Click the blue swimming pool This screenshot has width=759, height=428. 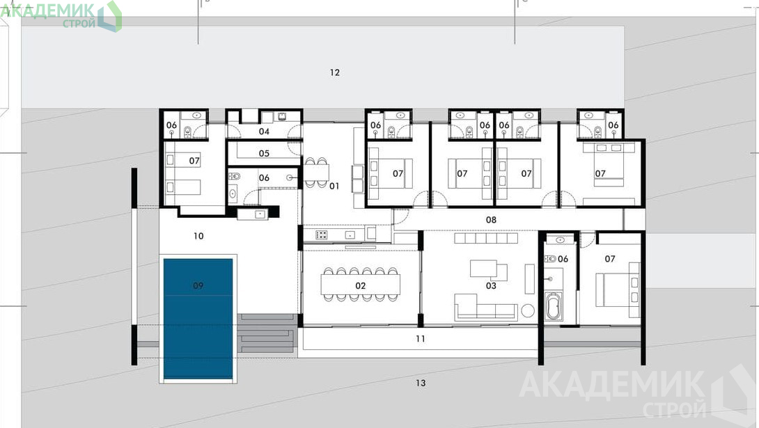pyautogui.click(x=198, y=319)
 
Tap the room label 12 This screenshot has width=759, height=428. pyautogui.click(x=334, y=72)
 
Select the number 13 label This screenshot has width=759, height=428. pyautogui.click(x=421, y=383)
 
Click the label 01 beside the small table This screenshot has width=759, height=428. pyautogui.click(x=334, y=186)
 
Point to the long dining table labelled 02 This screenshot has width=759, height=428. pyautogui.click(x=361, y=285)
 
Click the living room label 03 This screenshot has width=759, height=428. pyautogui.click(x=491, y=286)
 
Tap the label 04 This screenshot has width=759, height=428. pyautogui.click(x=264, y=132)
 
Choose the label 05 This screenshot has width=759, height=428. pyautogui.click(x=264, y=153)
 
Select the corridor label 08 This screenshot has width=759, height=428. pyautogui.click(x=491, y=219)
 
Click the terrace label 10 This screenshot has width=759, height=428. pyautogui.click(x=198, y=236)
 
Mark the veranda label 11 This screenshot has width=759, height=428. pyautogui.click(x=420, y=339)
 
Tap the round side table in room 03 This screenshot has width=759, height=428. pyautogui.click(x=528, y=310)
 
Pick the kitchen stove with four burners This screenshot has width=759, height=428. pyautogui.click(x=322, y=235)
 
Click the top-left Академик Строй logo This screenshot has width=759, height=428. pyautogui.click(x=61, y=15)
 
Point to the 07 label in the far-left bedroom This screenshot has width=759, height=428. pyautogui.click(x=194, y=161)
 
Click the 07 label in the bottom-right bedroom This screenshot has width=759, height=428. pyautogui.click(x=610, y=259)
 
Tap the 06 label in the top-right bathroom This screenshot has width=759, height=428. pyautogui.click(x=613, y=125)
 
